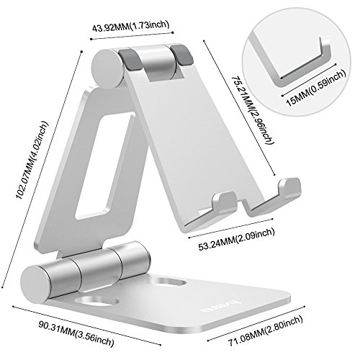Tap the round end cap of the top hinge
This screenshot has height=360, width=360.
107,71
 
